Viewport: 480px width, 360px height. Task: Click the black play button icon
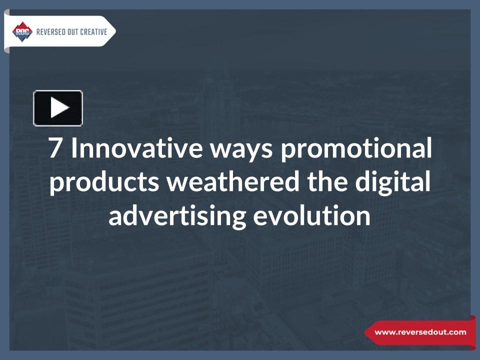click(x=57, y=108)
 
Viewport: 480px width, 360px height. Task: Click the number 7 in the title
click(x=55, y=149)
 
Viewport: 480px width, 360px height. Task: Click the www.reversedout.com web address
click(x=420, y=332)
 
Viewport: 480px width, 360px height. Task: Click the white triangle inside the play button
click(x=59, y=108)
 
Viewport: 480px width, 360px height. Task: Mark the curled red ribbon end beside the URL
click(x=472, y=332)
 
